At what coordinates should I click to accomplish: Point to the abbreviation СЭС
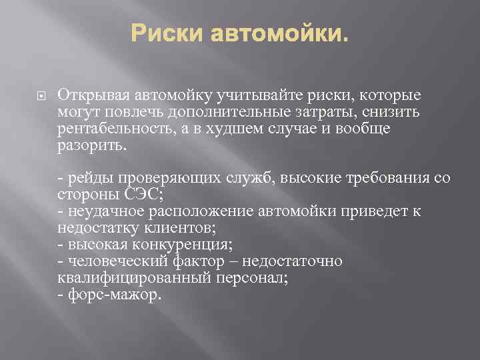[x=141, y=195]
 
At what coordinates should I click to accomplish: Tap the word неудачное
[x=100, y=212]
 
